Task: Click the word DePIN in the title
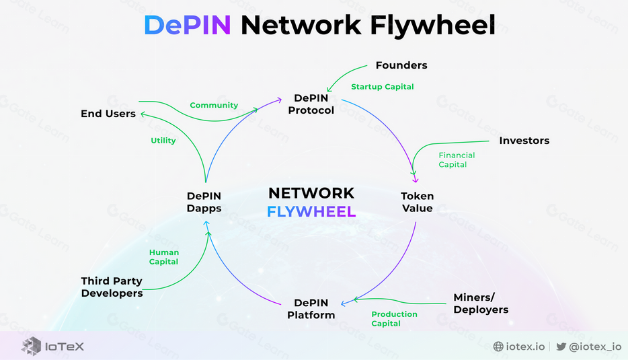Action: point(188,25)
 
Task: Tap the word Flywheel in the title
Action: point(432,26)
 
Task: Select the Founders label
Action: point(401,65)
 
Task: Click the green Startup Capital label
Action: point(383,87)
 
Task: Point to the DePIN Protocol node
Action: point(311,104)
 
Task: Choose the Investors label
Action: point(524,141)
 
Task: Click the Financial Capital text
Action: point(457,160)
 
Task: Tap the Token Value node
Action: point(418,202)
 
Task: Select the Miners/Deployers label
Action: point(481,303)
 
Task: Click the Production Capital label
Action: point(394,319)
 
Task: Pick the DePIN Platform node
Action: point(311,309)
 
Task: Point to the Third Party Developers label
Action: point(112,287)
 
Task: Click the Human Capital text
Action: point(164,257)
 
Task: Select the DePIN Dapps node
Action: point(204,202)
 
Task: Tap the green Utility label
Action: point(163,141)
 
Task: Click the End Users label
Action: point(108,114)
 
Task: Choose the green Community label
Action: point(214,106)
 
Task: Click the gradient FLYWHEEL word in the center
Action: point(311,211)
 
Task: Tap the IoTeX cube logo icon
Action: point(31,347)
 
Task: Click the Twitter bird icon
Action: point(561,347)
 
